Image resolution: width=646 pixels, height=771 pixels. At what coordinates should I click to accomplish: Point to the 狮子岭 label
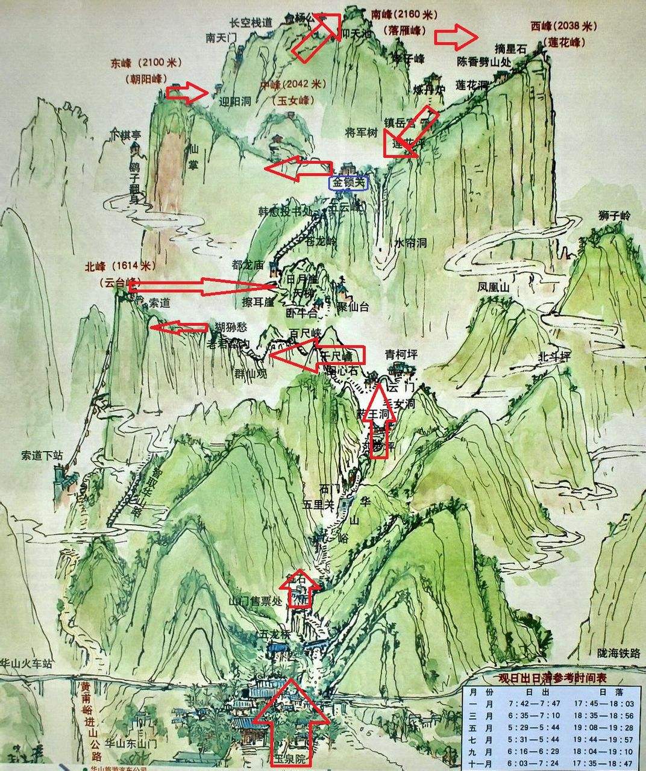614,215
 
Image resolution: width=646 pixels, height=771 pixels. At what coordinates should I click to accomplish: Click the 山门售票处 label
256,601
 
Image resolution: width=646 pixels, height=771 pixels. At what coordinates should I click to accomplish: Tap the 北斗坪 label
554,357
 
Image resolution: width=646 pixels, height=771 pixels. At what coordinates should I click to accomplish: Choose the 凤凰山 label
493,288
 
